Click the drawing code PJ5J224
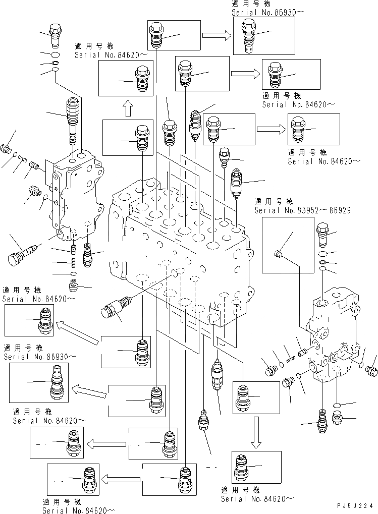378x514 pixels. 356,505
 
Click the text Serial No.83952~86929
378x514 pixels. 302,210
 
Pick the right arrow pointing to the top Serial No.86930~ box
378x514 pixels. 217,35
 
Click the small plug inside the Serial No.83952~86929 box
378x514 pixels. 277,253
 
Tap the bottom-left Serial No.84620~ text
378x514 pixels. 76,510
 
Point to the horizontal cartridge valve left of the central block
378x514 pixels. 116,307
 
